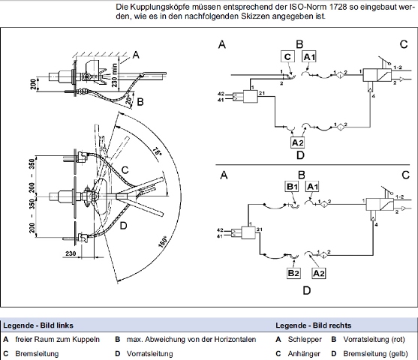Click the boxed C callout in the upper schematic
(x=287, y=56)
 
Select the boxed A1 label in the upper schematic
(x=309, y=56)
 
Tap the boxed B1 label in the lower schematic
(x=292, y=186)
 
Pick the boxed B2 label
(x=293, y=273)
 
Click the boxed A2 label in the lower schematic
(x=318, y=273)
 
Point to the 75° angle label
(x=158, y=151)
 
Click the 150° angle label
(x=163, y=241)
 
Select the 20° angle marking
(x=129, y=100)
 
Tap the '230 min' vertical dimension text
(x=114, y=75)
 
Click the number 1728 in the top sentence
(x=338, y=7)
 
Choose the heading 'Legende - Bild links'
(x=38, y=325)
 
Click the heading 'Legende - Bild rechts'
(x=313, y=325)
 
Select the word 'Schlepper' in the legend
(x=305, y=340)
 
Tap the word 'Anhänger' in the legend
(x=304, y=353)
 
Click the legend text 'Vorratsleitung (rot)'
(x=374, y=340)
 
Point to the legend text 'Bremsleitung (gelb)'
(x=376, y=353)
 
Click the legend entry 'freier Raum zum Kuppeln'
(x=58, y=340)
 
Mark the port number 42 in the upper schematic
(x=221, y=94)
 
